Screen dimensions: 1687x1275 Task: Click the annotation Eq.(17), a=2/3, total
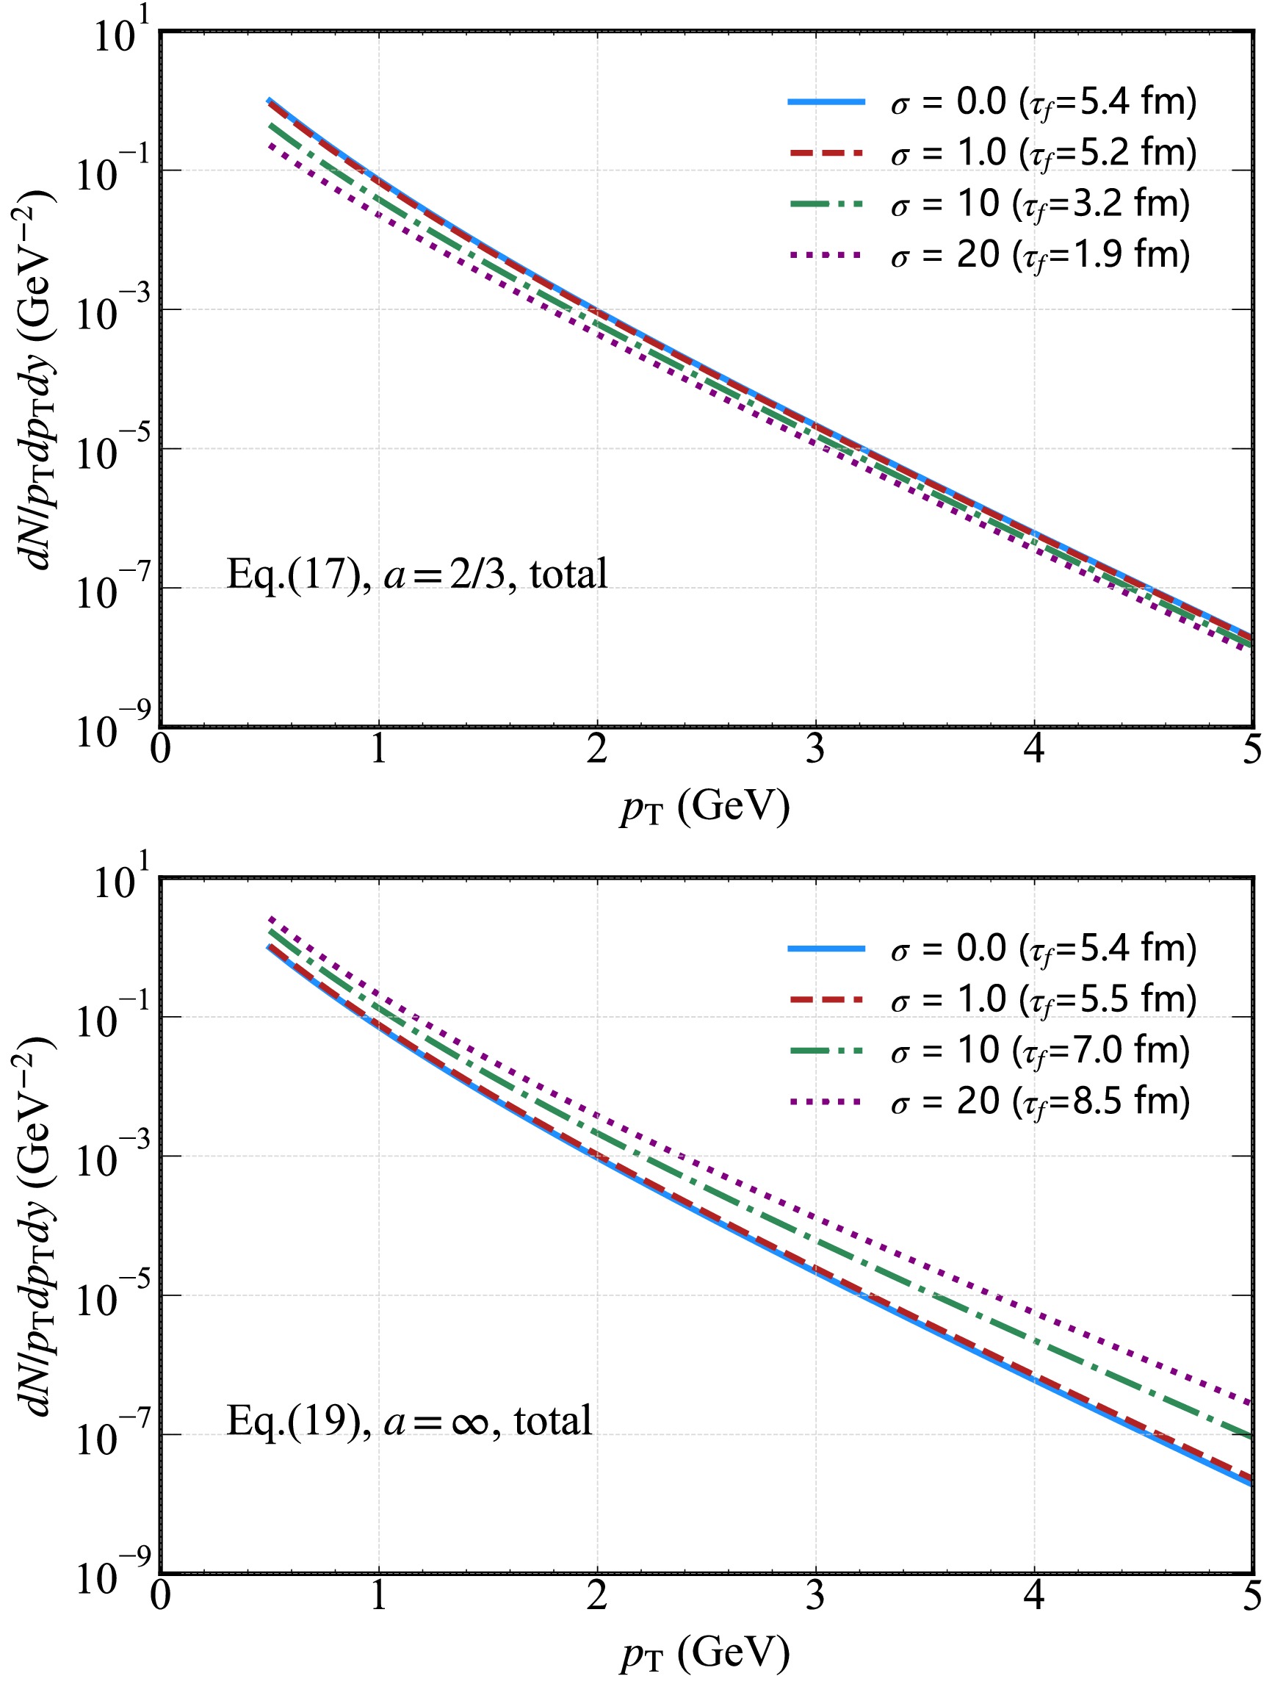pos(417,575)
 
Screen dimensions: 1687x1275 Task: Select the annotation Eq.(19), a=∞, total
pos(410,1421)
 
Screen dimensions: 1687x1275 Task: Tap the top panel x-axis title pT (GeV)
pos(704,807)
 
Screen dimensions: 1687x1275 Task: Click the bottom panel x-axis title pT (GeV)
pos(704,1653)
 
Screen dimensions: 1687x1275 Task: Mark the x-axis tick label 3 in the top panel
pos(815,750)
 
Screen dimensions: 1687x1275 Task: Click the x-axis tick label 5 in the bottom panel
pos(1251,1596)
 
